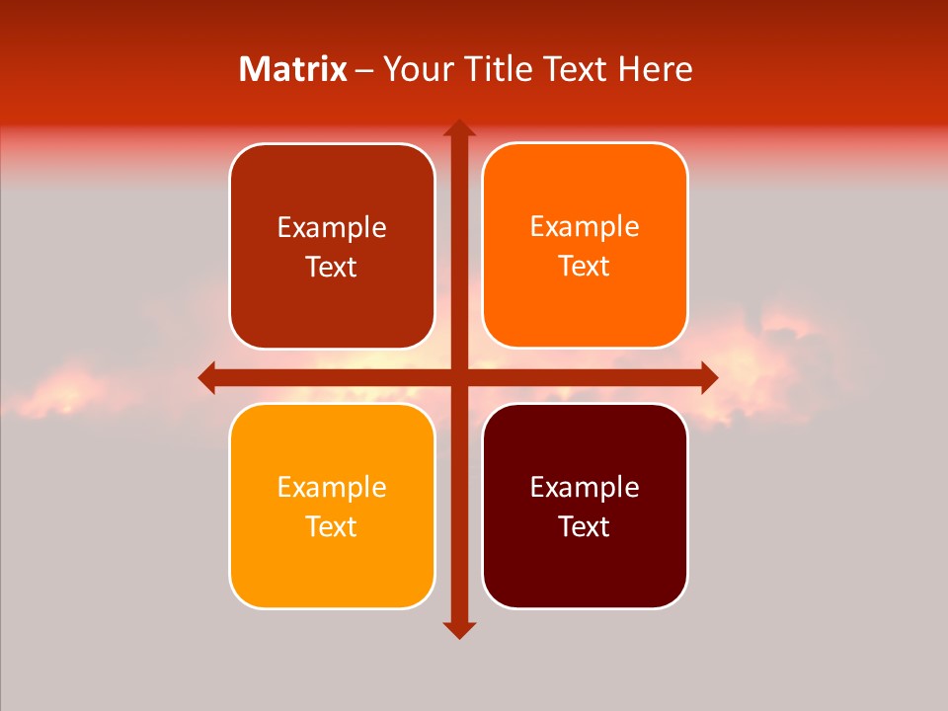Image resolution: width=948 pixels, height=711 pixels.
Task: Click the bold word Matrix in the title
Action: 293,69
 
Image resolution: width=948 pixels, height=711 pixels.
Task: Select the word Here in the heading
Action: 655,69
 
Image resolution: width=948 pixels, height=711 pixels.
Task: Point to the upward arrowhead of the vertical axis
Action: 458,128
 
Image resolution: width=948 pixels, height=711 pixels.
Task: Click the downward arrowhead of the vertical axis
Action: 458,629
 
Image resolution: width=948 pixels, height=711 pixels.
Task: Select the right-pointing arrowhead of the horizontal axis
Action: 708,377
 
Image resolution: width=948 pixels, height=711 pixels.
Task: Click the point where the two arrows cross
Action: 458,377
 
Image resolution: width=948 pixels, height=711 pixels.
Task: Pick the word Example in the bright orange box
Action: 585,227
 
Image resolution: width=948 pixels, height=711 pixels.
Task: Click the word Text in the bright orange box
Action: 585,267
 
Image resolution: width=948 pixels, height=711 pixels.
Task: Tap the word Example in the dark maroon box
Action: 585,487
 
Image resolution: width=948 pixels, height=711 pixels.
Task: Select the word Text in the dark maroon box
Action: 585,526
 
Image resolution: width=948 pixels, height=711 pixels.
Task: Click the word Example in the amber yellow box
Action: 332,487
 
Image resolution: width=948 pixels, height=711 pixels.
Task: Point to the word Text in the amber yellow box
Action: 332,526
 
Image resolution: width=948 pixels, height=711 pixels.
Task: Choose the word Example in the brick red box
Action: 332,228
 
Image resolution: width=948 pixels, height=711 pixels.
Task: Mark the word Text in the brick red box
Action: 332,268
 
